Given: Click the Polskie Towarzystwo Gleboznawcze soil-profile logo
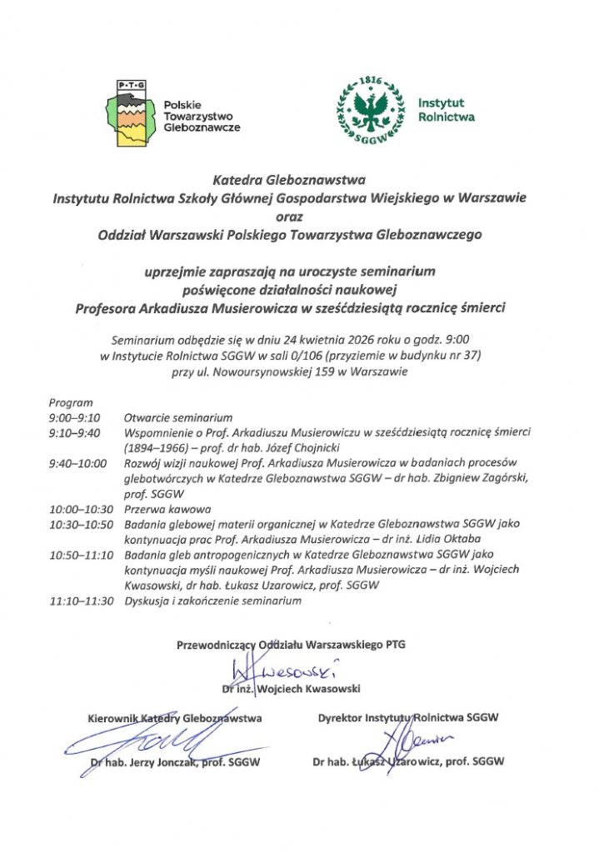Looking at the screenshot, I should pos(130,114).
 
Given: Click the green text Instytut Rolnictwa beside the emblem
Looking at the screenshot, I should pos(446,110).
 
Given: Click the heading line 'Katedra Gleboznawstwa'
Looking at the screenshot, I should pos(289,178).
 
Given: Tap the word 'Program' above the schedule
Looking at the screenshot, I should pos(71,402).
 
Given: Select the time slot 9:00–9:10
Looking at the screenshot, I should pos(74,417).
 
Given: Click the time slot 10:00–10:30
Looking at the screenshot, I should pos(81,508).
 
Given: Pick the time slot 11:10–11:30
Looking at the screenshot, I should pos(81,600).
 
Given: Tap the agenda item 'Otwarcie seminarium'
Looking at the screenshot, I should pos(178,417).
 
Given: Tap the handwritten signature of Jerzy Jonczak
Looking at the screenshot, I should pos(171,739).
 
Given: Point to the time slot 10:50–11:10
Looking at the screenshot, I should pos(81,554).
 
